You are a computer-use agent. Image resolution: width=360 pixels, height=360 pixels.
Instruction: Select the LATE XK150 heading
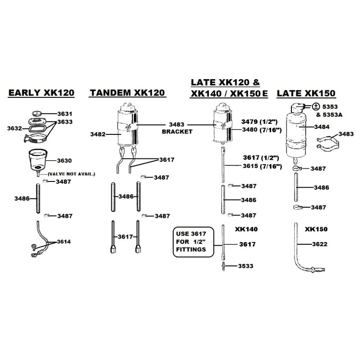pyautogui.click(x=306, y=93)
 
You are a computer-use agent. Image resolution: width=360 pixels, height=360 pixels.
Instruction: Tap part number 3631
pyautogui.click(x=64, y=114)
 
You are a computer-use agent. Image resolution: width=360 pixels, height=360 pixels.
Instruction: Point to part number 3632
pyautogui.click(x=15, y=128)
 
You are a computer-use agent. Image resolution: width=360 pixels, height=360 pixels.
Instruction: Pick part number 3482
pyautogui.click(x=98, y=135)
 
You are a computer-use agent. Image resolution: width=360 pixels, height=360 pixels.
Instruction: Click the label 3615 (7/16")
pyautogui.click(x=262, y=166)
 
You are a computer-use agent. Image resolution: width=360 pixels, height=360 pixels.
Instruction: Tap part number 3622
pyautogui.click(x=322, y=244)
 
